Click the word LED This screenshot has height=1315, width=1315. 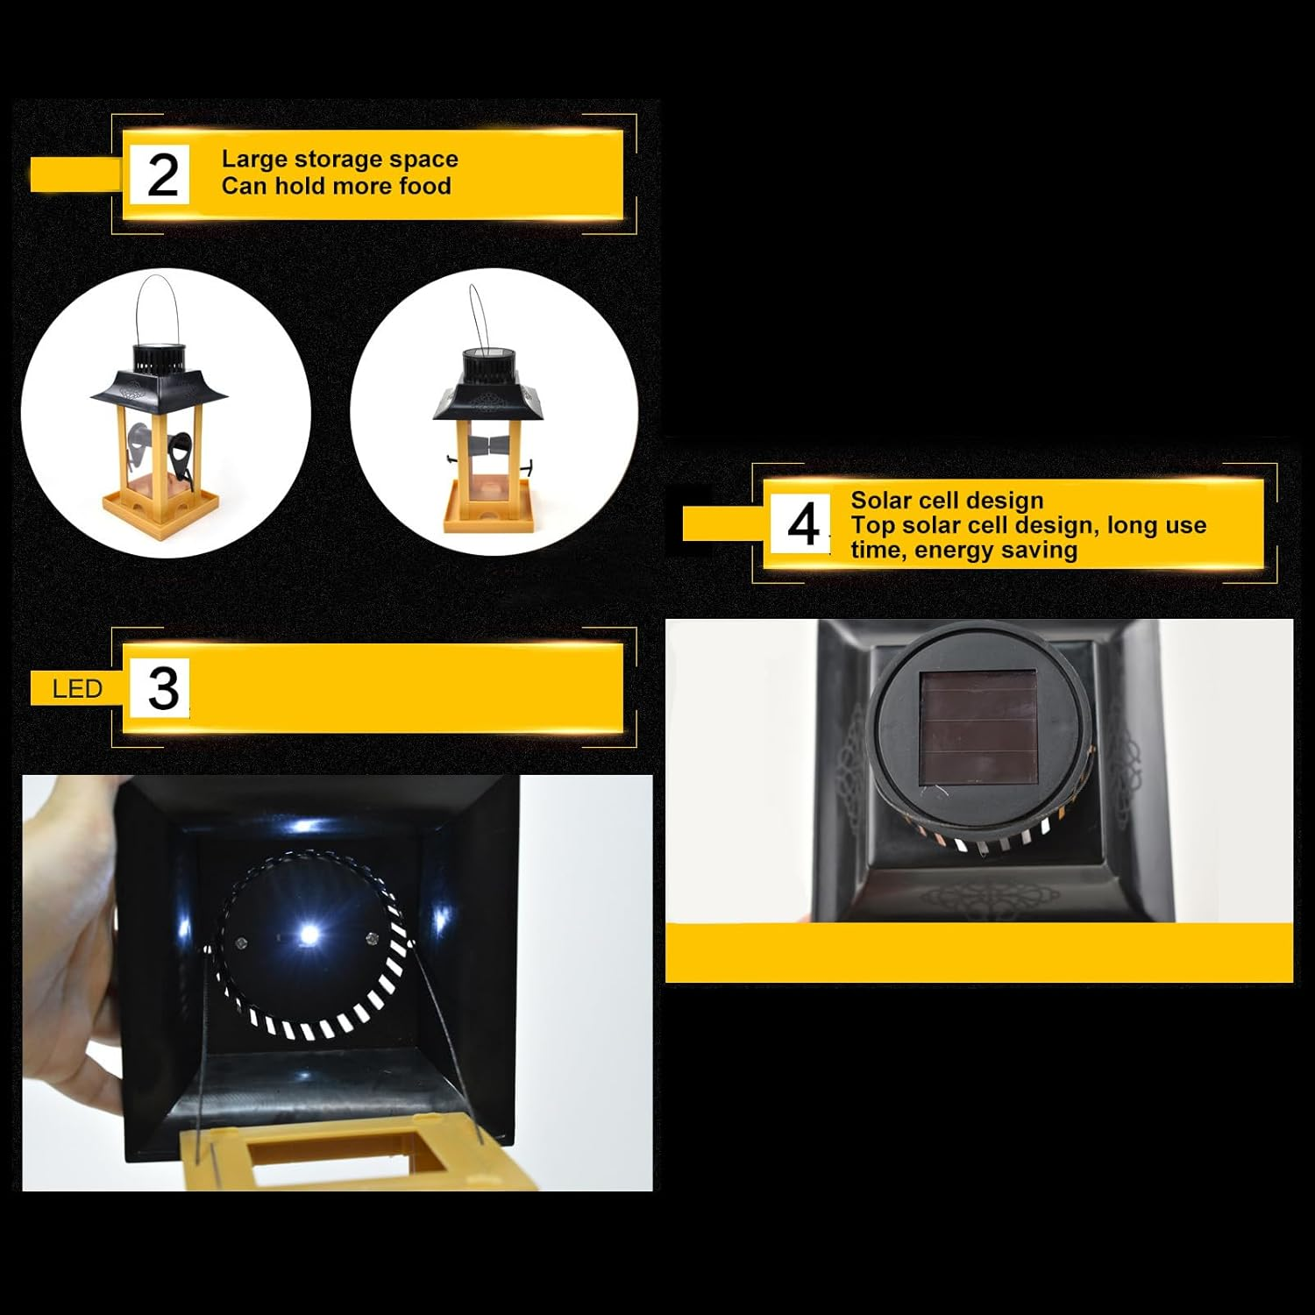click(77, 689)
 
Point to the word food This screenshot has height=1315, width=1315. click(425, 186)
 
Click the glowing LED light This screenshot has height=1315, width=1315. click(308, 935)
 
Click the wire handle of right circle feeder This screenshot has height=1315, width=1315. click(478, 316)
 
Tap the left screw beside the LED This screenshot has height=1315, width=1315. click(241, 943)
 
